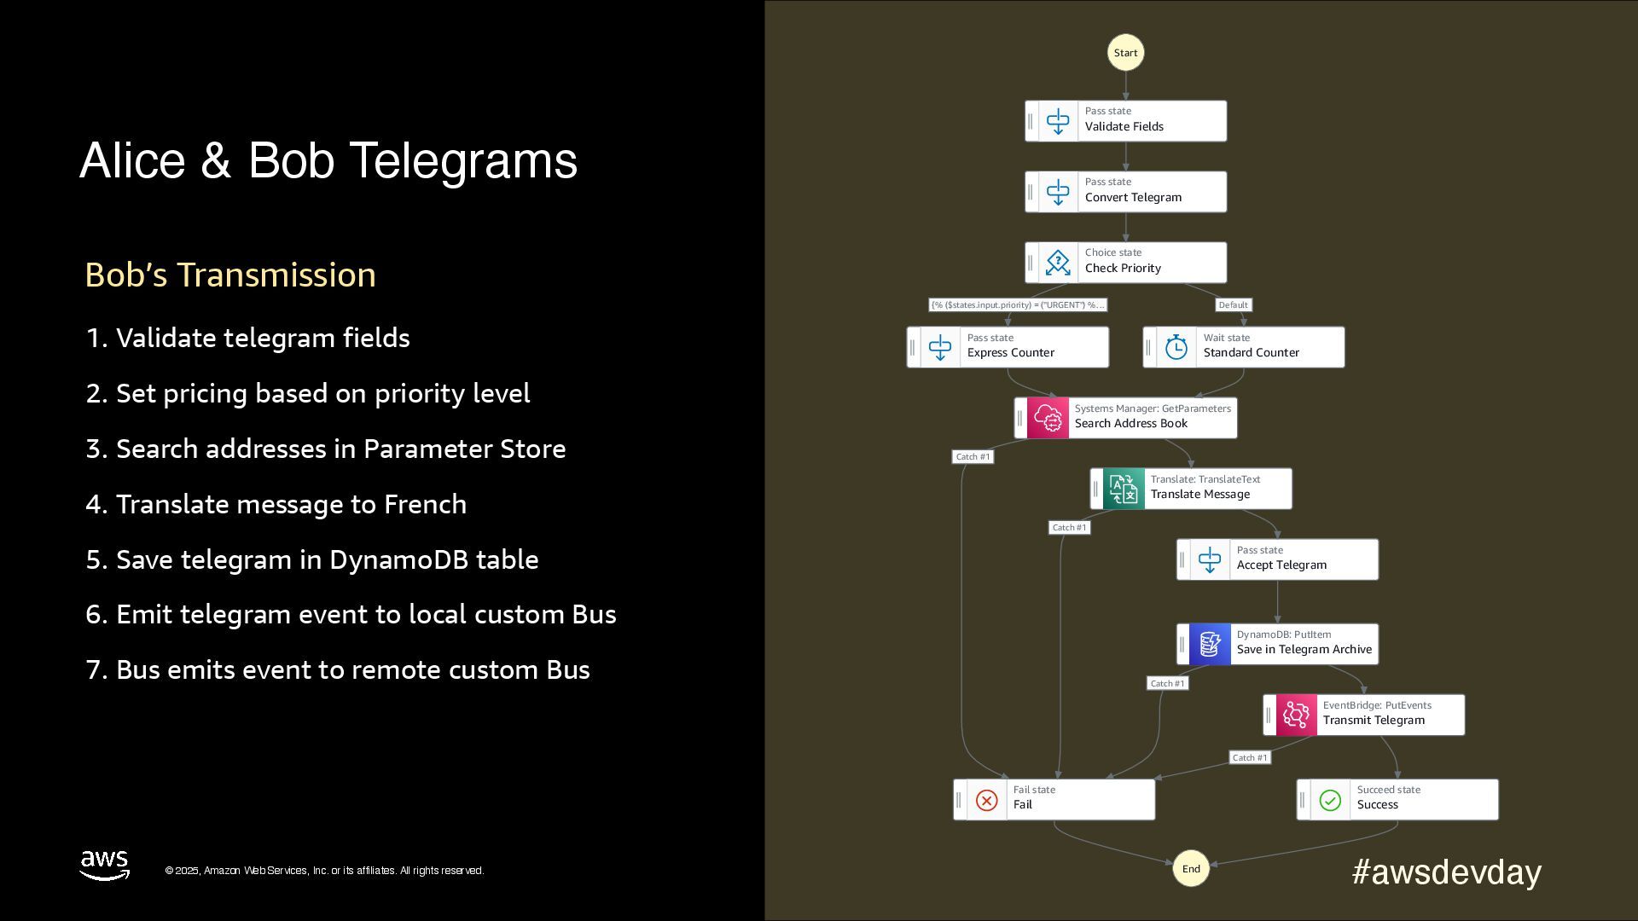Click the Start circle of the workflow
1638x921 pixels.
1125,53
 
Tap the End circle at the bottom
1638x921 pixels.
1191,869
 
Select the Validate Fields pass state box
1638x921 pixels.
1125,121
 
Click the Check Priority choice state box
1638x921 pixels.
1125,263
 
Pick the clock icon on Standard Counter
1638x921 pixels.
1176,347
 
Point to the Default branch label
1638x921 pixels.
1233,305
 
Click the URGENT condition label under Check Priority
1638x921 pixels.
1018,305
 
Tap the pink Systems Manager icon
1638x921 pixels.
1048,418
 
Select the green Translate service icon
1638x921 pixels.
1124,489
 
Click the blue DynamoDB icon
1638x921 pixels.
1210,644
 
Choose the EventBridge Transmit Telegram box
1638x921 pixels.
1363,715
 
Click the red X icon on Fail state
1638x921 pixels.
986,800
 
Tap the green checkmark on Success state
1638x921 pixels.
1330,800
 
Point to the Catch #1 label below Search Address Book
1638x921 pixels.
973,457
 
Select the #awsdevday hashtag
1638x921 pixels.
1446,872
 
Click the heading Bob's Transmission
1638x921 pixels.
230,275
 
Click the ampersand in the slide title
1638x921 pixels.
216,161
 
